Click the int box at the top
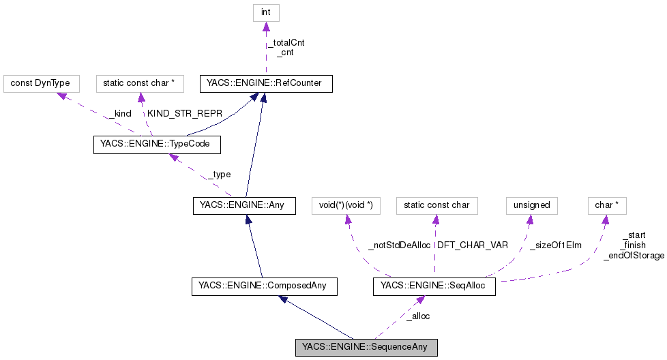pos(266,13)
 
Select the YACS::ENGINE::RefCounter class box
pos(265,84)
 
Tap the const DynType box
pos(41,84)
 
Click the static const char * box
pos(139,84)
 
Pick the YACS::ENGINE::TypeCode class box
pos(156,145)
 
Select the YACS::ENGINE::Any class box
pos(243,205)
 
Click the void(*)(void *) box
pos(345,205)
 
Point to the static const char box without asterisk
pos(436,205)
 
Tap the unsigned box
pos(531,205)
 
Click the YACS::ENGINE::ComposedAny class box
pos(265,286)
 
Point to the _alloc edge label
pos(417,316)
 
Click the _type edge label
pos(219,175)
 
